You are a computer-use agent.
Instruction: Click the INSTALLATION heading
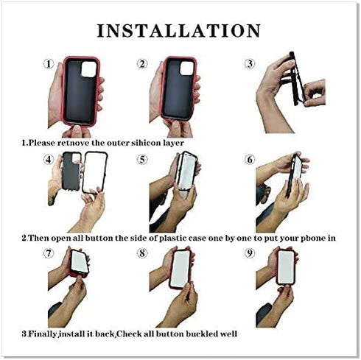(179, 31)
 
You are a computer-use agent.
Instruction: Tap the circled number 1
(49, 64)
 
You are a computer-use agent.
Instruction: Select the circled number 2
(142, 64)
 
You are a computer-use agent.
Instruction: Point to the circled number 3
(250, 64)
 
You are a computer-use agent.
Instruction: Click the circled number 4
(49, 160)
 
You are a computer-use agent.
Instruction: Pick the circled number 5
(142, 160)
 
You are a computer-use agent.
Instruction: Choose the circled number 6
(250, 160)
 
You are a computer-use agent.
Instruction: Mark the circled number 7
(49, 253)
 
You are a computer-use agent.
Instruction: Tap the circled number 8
(142, 253)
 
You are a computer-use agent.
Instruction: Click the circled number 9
(250, 253)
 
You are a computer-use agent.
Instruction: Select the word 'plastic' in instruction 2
(173, 239)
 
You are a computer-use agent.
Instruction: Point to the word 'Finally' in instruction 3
(43, 334)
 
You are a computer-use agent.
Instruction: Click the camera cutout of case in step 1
(89, 69)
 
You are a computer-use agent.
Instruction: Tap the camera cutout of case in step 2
(187, 68)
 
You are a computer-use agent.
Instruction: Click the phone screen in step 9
(286, 267)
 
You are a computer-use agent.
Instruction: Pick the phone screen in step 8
(180, 269)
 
